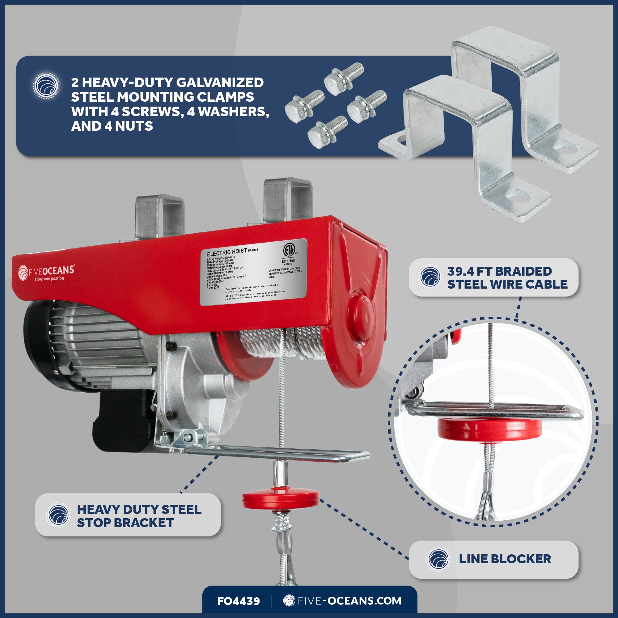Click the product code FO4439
click(x=238, y=601)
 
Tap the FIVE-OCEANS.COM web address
click(x=343, y=601)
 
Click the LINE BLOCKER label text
click(x=505, y=559)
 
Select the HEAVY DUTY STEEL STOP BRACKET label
click(x=139, y=516)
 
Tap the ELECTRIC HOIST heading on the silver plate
click(x=226, y=252)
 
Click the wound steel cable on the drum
click(x=281, y=344)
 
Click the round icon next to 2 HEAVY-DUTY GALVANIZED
click(x=46, y=85)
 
